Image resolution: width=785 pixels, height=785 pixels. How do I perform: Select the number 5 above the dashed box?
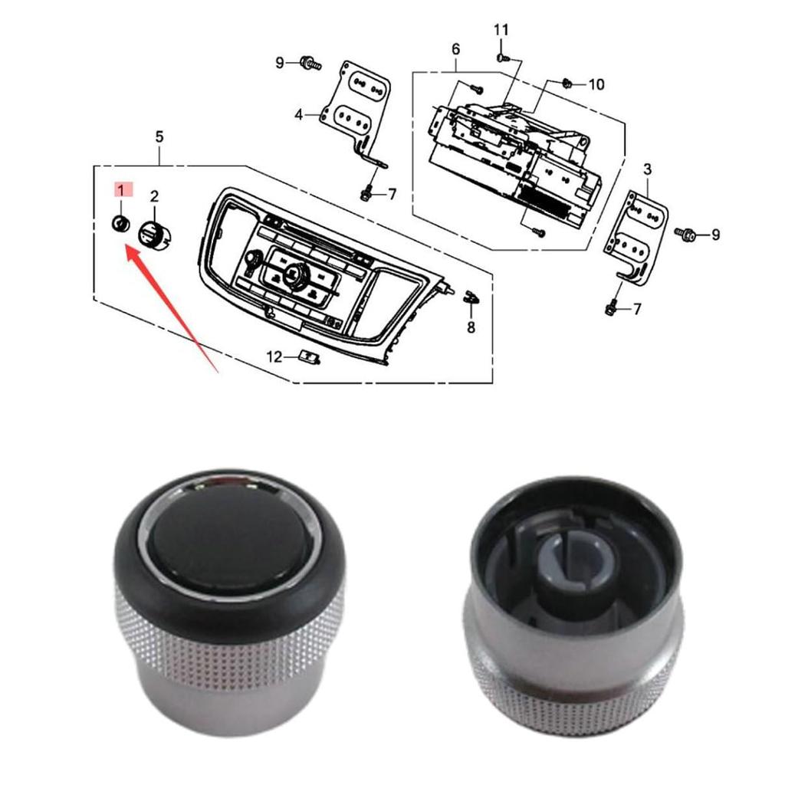[159, 136]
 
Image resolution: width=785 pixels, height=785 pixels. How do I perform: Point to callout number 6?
[456, 49]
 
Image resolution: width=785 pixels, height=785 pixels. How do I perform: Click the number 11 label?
[501, 30]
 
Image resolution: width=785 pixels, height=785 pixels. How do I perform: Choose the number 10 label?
[596, 84]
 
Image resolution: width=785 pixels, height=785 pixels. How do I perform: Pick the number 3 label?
[648, 168]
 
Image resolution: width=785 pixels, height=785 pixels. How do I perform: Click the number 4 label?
[299, 115]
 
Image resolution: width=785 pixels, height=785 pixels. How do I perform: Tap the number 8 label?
[471, 328]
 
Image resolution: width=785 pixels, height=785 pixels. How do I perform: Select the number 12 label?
[274, 356]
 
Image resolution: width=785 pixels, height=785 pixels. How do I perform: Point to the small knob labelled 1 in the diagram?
[120, 224]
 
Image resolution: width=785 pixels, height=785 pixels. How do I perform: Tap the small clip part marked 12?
[310, 356]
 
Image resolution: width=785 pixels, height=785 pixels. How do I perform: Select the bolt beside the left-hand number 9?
[310, 62]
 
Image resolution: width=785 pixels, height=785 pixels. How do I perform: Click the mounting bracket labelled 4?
[359, 107]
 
